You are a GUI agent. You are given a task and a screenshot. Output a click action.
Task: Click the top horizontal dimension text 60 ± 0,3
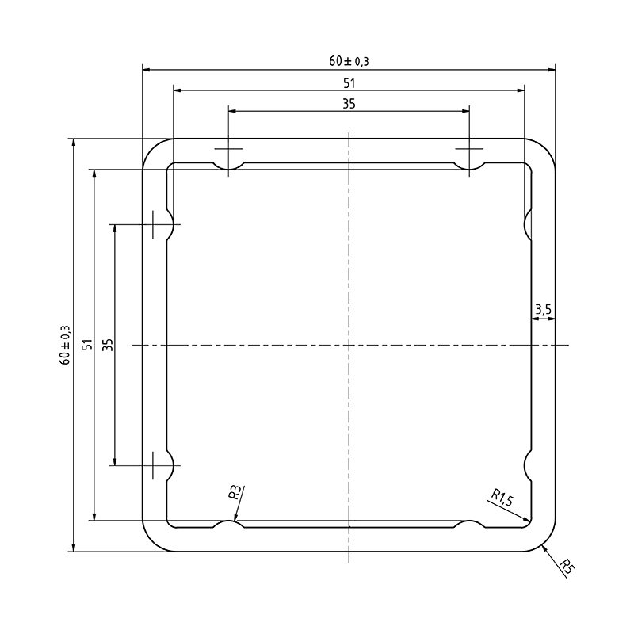pos(349,60)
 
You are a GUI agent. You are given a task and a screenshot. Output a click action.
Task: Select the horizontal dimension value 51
pos(349,82)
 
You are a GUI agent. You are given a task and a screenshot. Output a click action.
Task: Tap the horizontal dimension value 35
pos(349,103)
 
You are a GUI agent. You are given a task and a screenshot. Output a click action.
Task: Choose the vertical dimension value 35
pos(108,345)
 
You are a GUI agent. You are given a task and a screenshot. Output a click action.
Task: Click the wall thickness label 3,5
pos(543,311)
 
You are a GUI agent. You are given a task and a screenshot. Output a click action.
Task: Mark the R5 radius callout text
pos(566,566)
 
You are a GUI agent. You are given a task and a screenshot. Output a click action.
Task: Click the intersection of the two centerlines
pos(349,345)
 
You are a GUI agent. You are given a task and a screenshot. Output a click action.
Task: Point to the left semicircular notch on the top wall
pos(228,166)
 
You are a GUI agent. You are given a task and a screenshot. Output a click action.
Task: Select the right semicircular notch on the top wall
pos(470,166)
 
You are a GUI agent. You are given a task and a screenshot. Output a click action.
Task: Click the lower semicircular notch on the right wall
pos(528,465)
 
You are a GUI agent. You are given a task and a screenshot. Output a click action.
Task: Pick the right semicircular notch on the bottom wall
pos(470,525)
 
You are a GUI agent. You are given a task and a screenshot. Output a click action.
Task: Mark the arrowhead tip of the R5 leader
pos(543,545)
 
